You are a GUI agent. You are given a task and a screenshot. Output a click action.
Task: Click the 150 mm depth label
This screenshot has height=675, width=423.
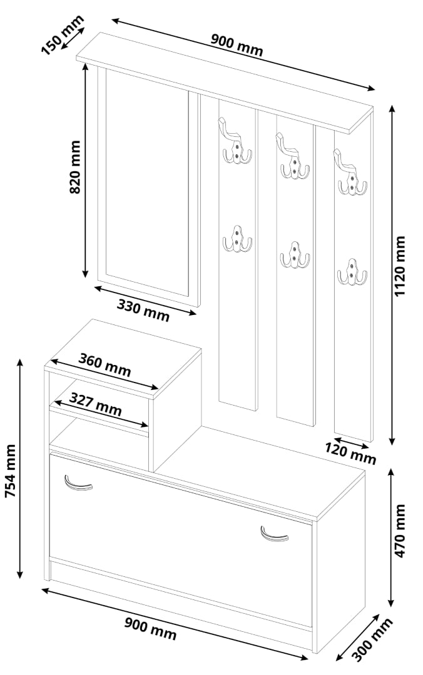point(63,35)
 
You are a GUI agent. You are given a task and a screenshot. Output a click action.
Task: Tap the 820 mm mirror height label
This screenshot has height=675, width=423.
point(75,167)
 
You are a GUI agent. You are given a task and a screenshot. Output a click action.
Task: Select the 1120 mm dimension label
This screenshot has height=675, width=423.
point(400,266)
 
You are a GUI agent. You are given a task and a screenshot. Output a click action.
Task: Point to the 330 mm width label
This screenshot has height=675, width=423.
point(143,310)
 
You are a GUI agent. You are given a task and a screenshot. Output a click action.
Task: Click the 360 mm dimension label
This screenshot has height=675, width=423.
point(104,364)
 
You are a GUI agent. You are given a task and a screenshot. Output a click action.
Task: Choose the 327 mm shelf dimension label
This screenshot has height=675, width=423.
point(95,404)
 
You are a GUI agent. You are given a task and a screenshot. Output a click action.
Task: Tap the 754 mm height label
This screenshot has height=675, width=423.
point(11,471)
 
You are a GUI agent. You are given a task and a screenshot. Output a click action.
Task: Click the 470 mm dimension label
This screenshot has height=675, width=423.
point(400,531)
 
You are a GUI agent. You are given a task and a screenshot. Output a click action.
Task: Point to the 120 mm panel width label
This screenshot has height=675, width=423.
point(350,454)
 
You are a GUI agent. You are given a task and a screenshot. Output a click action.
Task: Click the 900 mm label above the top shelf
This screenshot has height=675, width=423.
point(237,45)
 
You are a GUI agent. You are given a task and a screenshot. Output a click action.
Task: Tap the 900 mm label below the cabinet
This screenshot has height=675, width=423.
point(150,628)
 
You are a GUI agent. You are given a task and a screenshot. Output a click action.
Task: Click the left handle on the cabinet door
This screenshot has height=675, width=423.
point(78,483)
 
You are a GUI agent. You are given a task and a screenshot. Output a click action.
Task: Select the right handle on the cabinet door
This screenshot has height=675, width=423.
point(274,534)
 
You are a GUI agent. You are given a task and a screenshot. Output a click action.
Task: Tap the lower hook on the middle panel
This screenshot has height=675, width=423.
point(295,255)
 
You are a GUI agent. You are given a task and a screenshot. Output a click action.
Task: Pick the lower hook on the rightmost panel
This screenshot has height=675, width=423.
point(352,272)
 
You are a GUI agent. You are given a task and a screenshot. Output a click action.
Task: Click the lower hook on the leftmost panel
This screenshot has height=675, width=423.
point(237,239)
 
